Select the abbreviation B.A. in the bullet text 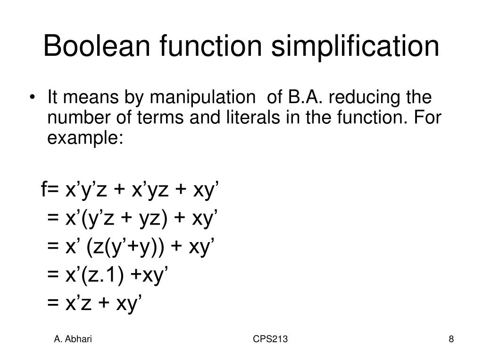tap(302, 98)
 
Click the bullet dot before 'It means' tap(37, 98)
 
